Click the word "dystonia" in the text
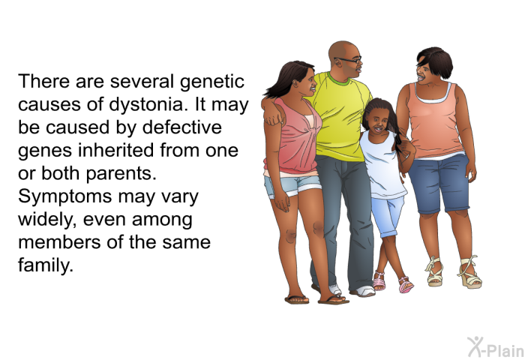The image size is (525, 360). pos(145,105)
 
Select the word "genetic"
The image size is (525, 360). pos(212,82)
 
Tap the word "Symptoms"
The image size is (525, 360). pos(64,197)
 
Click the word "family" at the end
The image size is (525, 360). pos(46,265)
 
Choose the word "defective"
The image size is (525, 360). pos(182,128)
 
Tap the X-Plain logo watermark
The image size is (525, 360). pos(495,347)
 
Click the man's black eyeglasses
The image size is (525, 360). pos(349,60)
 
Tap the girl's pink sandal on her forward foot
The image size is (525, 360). pos(406,285)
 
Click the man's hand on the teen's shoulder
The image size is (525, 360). pos(273,115)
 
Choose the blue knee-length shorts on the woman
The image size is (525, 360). pos(439,183)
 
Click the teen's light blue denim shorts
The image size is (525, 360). pos(292,185)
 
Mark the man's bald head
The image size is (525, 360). pos(341,50)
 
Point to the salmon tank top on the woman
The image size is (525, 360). pos(434,121)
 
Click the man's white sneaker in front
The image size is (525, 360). pos(364,291)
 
